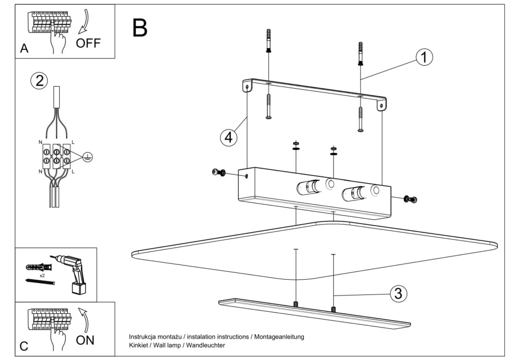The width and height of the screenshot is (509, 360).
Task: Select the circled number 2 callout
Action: point(39,81)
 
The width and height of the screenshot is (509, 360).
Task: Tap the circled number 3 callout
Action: point(398,293)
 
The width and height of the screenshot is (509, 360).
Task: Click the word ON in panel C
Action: point(85,340)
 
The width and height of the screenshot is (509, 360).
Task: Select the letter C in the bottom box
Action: point(24,346)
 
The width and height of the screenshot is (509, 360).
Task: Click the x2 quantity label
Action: point(42,275)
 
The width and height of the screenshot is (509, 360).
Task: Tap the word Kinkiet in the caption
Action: point(139,345)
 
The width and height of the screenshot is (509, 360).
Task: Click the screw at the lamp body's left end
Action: point(218,173)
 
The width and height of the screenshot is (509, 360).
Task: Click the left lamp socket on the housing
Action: point(307,186)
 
